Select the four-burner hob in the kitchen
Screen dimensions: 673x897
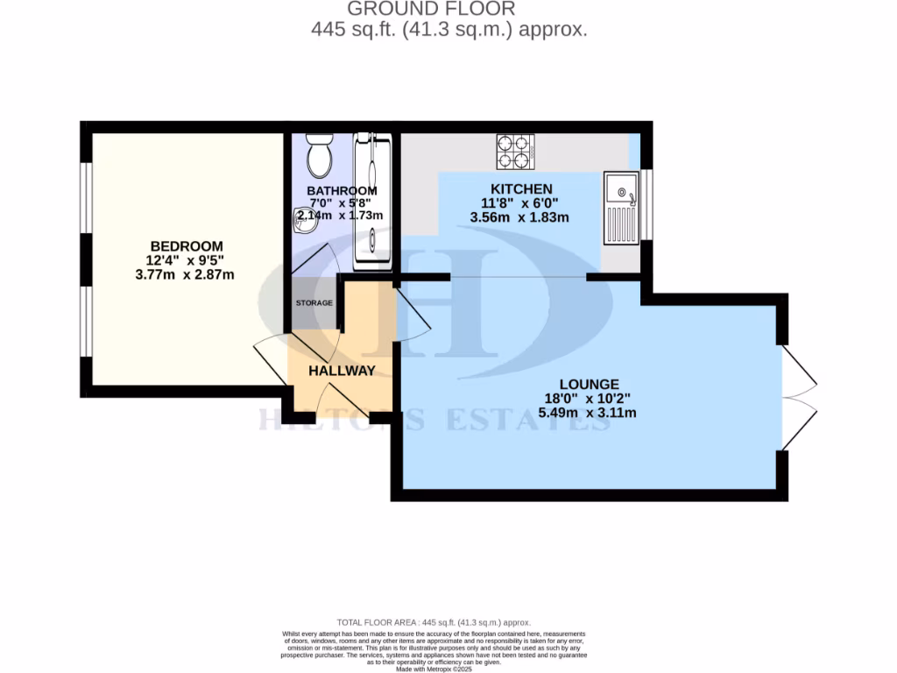click(x=516, y=151)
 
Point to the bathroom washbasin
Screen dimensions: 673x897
click(x=304, y=223)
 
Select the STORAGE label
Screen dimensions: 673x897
click(x=314, y=303)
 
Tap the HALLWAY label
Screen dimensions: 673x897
click(x=342, y=371)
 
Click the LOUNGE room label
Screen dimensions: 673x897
click(x=589, y=384)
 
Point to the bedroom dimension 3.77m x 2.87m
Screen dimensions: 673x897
click(x=185, y=274)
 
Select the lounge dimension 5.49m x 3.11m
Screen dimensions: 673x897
click(x=589, y=412)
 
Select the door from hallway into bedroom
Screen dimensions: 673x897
click(x=271, y=361)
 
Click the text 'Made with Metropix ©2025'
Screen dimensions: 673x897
click(x=434, y=669)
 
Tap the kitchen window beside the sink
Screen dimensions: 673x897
click(x=647, y=204)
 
